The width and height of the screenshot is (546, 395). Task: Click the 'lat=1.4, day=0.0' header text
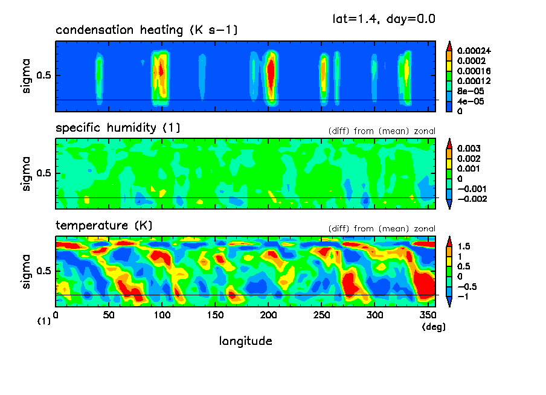(384, 19)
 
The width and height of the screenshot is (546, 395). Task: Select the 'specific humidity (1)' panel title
(118, 128)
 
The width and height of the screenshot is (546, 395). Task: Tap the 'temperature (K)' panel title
(104, 226)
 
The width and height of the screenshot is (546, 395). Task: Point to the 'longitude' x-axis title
(245, 341)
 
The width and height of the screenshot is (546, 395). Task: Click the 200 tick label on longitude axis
(269, 315)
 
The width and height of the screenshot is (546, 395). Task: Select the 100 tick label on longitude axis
(162, 315)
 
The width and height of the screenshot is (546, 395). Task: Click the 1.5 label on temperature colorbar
(464, 246)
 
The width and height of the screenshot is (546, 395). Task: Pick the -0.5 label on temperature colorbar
(466, 287)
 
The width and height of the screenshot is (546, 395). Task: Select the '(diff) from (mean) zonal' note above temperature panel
(382, 229)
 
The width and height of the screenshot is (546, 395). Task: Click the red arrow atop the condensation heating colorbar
(449, 45)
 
